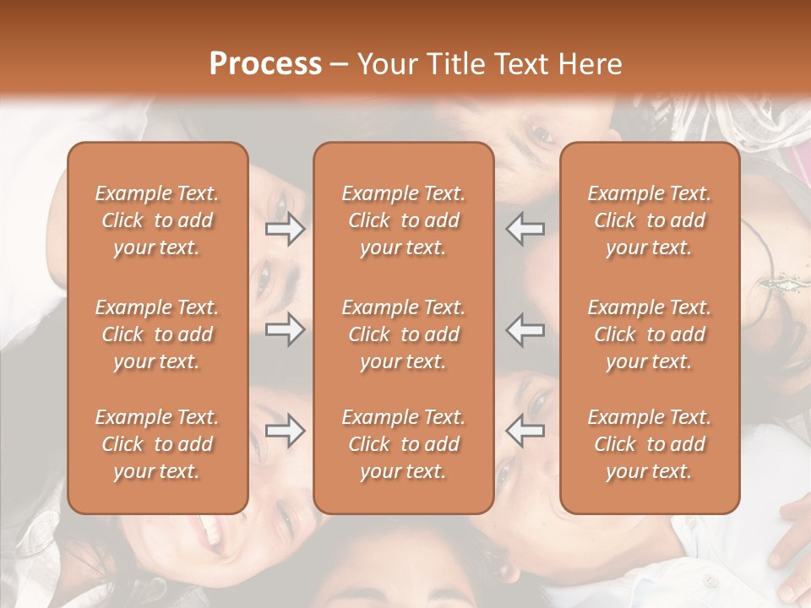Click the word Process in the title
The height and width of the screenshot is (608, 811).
[x=265, y=64]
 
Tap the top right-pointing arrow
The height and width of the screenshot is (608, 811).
[x=286, y=229]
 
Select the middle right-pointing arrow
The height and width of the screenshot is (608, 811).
[x=286, y=329]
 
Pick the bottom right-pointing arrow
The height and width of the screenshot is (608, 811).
[x=286, y=431]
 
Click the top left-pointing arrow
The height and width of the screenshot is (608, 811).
[x=525, y=229]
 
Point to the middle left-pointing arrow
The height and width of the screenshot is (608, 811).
[x=525, y=329]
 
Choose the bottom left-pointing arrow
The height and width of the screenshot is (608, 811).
[x=525, y=431]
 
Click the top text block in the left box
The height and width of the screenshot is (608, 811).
[x=157, y=220]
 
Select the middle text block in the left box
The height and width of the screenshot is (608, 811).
[x=157, y=334]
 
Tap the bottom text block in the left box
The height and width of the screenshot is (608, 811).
[x=157, y=444]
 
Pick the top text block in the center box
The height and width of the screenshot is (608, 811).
[x=403, y=220]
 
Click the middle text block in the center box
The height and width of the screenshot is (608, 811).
[x=403, y=334]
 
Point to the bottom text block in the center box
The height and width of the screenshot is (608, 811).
[x=403, y=444]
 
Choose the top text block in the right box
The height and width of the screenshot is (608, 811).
[x=649, y=220]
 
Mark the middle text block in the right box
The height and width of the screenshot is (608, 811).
[x=649, y=334]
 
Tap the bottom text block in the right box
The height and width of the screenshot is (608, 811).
[x=649, y=444]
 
